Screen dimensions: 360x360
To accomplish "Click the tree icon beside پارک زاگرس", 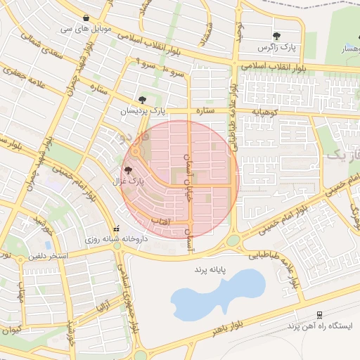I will pos(276,36).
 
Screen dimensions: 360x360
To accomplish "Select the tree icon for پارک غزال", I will pos(127,170).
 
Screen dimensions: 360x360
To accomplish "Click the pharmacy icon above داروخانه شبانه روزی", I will pos(116,229).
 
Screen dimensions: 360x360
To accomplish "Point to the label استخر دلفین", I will pos(48,255).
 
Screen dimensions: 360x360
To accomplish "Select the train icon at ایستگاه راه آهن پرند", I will pos(320,314).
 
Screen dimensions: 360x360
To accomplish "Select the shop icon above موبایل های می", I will pos(86,18).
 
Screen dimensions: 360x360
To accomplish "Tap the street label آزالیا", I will pos(103,307).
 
